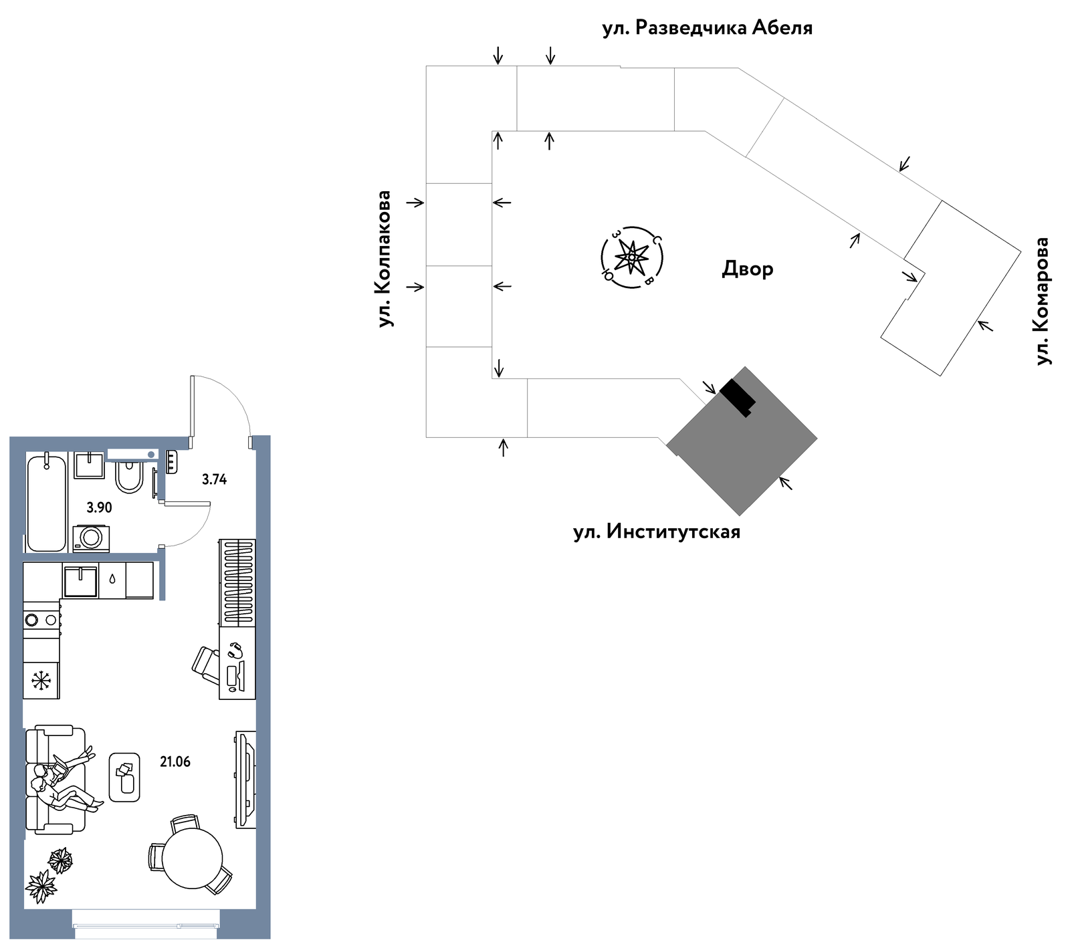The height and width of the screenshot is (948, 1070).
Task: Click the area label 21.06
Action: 175,761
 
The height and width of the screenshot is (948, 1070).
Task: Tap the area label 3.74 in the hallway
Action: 215,479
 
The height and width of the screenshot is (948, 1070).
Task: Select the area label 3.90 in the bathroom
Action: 100,507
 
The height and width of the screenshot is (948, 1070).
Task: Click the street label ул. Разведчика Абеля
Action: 708,28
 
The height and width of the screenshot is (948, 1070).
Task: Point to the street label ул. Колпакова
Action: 385,259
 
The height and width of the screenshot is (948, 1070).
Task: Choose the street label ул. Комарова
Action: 1042,301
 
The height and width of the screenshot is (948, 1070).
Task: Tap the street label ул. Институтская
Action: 657,532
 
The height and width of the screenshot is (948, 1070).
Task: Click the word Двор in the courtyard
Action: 748,269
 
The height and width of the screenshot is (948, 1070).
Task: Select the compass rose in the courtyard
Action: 631,257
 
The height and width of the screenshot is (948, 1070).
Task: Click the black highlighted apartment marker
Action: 738,397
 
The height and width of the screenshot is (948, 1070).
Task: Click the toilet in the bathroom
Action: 129,476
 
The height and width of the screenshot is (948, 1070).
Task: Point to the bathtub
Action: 47,502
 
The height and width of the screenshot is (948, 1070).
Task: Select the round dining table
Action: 193,859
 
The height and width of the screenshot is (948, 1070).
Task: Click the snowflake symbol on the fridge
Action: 41,681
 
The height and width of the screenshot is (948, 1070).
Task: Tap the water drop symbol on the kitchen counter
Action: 112,580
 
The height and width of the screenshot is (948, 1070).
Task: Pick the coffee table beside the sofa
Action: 124,777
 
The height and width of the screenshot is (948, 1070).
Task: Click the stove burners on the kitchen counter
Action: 41,620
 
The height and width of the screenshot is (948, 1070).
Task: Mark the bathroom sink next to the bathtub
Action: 89,465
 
